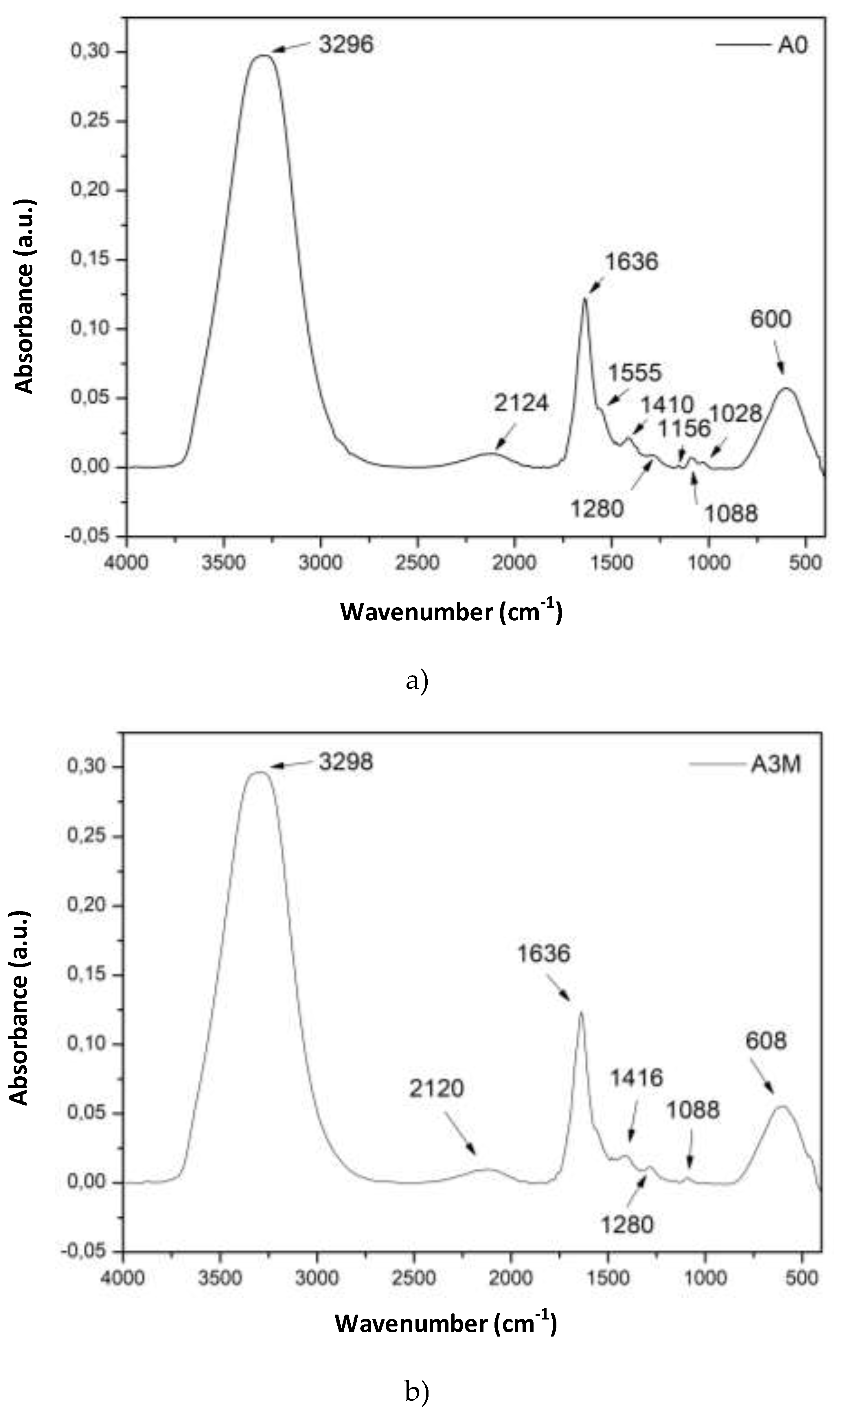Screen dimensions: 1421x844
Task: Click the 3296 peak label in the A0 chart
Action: pyautogui.click(x=346, y=44)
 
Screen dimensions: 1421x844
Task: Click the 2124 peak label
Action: pyautogui.click(x=521, y=403)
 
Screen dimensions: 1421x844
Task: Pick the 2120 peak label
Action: pyautogui.click(x=436, y=1088)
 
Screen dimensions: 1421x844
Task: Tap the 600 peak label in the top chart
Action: pyautogui.click(x=771, y=320)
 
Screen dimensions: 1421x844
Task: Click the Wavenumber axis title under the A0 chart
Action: pyautogui.click(x=451, y=612)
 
